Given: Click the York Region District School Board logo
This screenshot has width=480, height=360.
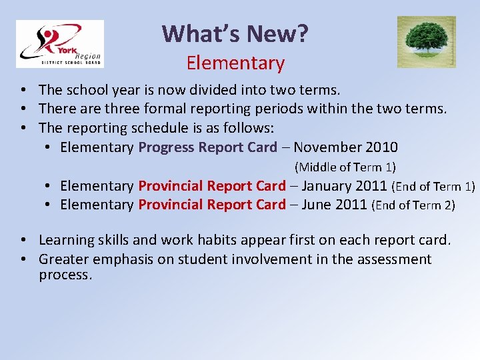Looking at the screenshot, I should click(x=60, y=44).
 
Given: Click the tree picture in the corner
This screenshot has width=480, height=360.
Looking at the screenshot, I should click(x=427, y=42).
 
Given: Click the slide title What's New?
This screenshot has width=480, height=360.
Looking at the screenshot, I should click(x=235, y=33).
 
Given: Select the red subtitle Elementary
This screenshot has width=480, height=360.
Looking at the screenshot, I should click(x=235, y=63).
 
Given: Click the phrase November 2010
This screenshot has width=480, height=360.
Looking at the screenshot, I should click(x=345, y=147).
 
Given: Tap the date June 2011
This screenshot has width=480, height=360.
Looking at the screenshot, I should click(x=334, y=205).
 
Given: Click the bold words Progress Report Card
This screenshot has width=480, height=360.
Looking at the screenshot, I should click(x=207, y=147).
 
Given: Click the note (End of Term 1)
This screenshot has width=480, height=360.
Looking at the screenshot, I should click(x=433, y=187).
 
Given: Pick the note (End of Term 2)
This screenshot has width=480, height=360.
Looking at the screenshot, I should click(x=413, y=205).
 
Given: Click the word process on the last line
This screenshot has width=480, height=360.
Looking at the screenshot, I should click(x=65, y=275).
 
